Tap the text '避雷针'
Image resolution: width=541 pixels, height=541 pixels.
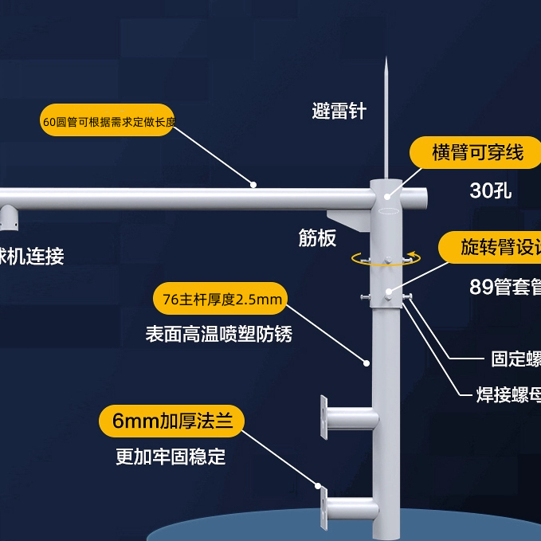point(339,111)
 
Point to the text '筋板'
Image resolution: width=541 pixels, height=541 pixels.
point(317,237)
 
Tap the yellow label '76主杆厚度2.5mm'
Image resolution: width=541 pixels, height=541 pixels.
point(221,300)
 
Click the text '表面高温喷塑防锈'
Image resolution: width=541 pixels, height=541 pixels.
point(218,334)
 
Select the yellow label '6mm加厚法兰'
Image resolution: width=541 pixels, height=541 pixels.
point(171,421)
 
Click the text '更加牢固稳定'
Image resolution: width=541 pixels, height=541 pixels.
point(171,457)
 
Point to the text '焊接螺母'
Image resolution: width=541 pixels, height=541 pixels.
point(508,393)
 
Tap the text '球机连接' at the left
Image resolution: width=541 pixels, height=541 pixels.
point(32,257)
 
